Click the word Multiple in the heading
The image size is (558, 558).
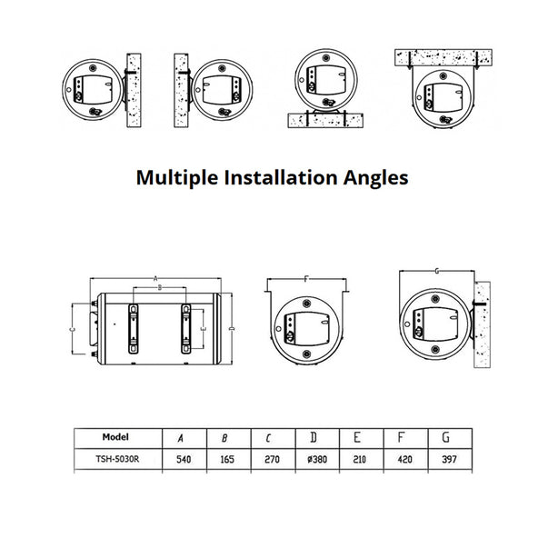pyautogui.click(x=177, y=178)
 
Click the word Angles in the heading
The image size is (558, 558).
pyautogui.click(x=376, y=178)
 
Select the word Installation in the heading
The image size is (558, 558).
pyautogui.click(x=281, y=177)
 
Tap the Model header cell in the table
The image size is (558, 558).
pyautogui.click(x=115, y=437)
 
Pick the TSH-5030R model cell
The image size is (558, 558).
pyautogui.click(x=117, y=459)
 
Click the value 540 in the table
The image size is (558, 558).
pyautogui.click(x=184, y=460)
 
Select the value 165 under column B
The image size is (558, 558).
pyautogui.click(x=227, y=460)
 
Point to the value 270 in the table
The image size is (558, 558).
pyautogui.click(x=273, y=460)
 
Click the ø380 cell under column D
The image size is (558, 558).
pyautogui.click(x=317, y=460)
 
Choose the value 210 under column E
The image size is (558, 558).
pyautogui.click(x=360, y=460)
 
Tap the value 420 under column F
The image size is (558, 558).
pyautogui.click(x=405, y=460)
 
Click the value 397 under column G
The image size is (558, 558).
pyautogui.click(x=450, y=460)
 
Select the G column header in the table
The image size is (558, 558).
pyautogui.click(x=446, y=437)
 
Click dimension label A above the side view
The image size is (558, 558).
pyautogui.click(x=155, y=278)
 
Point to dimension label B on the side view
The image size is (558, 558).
pyautogui.click(x=160, y=287)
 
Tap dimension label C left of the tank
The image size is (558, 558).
pyautogui.click(x=72, y=329)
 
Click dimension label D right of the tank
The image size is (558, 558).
pyautogui.click(x=232, y=328)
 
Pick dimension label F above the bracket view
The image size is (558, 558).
pyautogui.click(x=306, y=279)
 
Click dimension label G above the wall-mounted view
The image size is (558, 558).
pyautogui.click(x=437, y=272)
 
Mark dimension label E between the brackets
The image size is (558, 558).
pyautogui.click(x=204, y=329)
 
